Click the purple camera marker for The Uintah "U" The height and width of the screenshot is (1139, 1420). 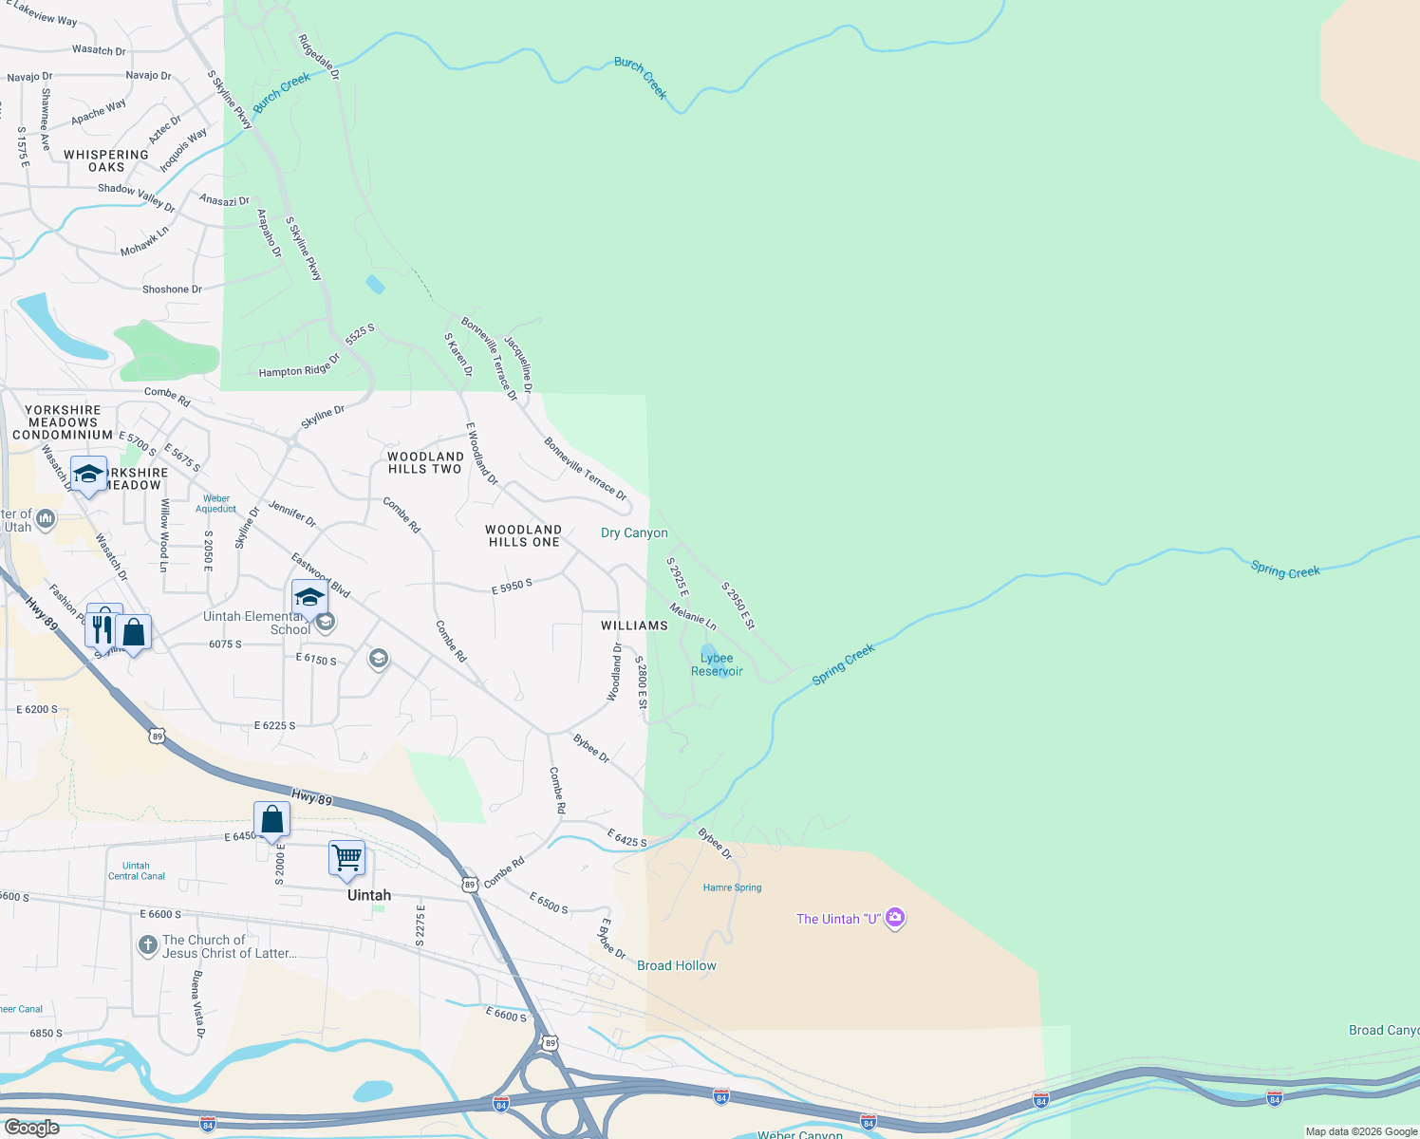click(894, 919)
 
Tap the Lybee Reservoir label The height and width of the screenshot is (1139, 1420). click(717, 664)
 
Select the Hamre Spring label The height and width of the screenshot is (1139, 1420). click(732, 887)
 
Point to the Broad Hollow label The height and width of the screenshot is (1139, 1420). click(677, 965)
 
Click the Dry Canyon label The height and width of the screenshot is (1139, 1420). click(634, 532)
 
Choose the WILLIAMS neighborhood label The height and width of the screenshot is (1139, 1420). click(634, 626)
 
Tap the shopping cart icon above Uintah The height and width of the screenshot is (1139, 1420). click(346, 857)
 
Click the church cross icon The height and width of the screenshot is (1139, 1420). click(147, 944)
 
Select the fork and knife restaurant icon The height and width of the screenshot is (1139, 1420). click(103, 628)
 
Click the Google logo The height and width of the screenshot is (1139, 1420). click(32, 1127)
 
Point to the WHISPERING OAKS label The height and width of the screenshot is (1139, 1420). click(106, 160)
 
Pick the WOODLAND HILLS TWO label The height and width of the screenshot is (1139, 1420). click(424, 462)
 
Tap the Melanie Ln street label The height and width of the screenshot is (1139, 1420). click(693, 616)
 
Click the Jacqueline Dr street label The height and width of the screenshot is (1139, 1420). click(518, 364)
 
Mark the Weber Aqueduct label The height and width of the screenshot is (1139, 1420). click(216, 503)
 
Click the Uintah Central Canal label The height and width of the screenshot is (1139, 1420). click(137, 870)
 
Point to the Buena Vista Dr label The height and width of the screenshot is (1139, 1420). click(197, 1004)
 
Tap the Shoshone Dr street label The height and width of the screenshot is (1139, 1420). click(172, 289)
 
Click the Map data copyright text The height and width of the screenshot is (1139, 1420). click(1361, 1130)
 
